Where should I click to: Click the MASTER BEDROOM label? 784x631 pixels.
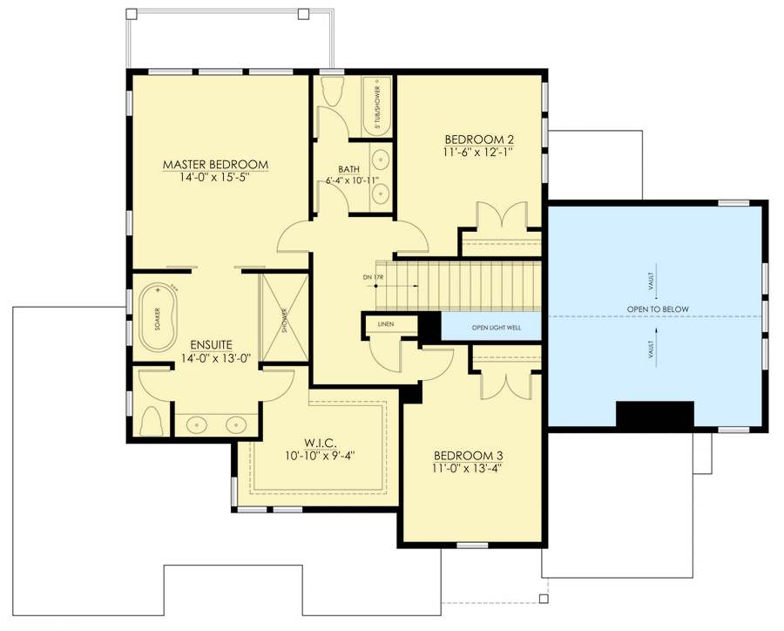[215, 164]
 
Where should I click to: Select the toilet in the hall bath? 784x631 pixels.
[332, 92]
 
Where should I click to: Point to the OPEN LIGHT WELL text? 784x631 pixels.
[494, 328]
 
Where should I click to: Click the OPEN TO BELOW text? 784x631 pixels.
[657, 309]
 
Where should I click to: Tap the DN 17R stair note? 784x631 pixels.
[372, 278]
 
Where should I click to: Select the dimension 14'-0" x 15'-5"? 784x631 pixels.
[215, 178]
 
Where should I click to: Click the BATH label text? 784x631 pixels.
[349, 169]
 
